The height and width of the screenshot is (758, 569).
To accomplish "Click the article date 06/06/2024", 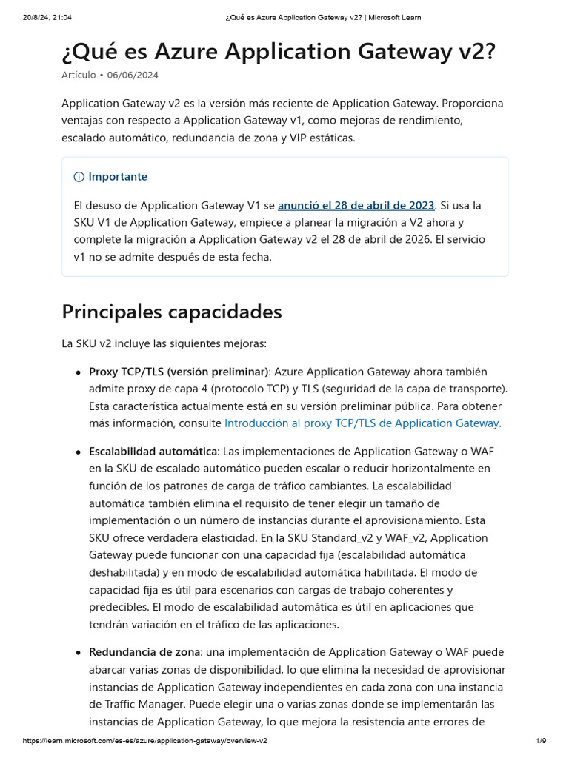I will [x=133, y=75].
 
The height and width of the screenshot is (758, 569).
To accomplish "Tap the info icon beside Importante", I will [x=79, y=177].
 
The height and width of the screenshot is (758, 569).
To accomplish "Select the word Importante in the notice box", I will [x=118, y=177].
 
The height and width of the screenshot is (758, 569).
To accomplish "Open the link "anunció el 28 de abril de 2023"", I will [x=356, y=205].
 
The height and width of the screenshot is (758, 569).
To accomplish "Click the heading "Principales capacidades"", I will [x=172, y=312].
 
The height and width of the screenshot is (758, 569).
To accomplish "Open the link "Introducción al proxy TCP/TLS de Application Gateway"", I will [x=362, y=423].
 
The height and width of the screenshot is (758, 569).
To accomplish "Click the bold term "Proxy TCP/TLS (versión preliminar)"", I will [x=179, y=372].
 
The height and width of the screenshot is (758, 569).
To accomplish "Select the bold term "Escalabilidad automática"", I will [x=153, y=452].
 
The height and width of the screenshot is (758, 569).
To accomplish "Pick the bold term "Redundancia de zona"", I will [x=144, y=652].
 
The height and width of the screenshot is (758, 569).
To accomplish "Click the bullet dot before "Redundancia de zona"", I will [x=78, y=653].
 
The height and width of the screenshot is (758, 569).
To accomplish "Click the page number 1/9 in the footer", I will [x=541, y=741].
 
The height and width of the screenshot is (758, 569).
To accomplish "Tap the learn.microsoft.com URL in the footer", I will [x=144, y=741].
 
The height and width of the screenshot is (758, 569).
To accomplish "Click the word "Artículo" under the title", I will [x=79, y=75].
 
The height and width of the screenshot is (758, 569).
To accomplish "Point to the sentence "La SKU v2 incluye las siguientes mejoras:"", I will [x=164, y=343].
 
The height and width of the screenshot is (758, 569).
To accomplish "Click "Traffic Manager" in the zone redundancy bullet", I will [x=136, y=705].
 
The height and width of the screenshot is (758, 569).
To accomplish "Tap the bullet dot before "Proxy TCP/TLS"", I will [x=78, y=372].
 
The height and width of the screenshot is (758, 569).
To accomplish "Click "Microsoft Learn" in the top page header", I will [x=395, y=17].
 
